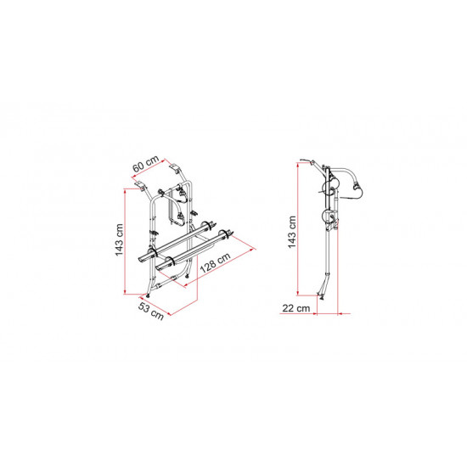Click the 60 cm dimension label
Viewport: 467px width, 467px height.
pos(146,164)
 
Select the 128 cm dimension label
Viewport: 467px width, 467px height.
pos(216,262)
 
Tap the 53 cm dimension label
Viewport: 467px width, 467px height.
pos(151,311)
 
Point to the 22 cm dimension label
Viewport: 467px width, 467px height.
pos(296,308)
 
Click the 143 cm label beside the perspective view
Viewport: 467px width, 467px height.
pos(119,239)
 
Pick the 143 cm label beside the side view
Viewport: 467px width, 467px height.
pos(292,232)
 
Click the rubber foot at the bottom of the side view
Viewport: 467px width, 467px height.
pos(322,296)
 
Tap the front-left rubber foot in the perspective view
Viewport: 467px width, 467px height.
pos(148,295)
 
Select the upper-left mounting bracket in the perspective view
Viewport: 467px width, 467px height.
pos(141,186)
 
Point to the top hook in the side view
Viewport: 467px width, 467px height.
pos(307,161)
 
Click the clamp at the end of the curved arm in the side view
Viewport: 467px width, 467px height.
pos(356,185)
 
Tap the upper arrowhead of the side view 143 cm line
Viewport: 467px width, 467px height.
pos(298,165)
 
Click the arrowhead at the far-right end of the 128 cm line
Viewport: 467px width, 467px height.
pos(254,249)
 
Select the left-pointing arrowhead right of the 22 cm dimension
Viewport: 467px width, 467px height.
pos(340,313)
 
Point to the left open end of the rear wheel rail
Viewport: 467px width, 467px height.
pos(142,259)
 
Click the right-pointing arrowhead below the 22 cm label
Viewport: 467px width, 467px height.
pos(314,313)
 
